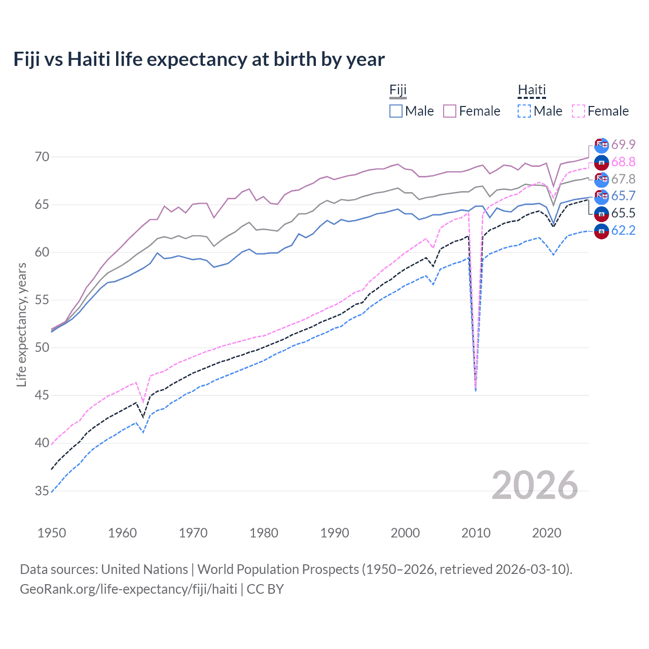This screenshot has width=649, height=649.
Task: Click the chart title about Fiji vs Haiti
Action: click(199, 59)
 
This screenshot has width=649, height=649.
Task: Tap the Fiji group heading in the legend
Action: click(398, 90)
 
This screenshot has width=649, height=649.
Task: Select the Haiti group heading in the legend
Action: click(531, 90)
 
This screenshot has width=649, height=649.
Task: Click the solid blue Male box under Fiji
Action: click(396, 111)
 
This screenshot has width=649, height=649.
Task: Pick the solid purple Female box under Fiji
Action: click(450, 111)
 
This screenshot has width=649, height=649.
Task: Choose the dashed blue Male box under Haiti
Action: click(524, 111)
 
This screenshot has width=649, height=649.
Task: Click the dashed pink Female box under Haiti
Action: click(578, 111)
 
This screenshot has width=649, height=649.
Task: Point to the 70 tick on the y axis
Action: click(42, 157)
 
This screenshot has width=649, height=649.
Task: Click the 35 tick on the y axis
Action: click(42, 491)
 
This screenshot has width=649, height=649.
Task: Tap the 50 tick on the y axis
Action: click(42, 348)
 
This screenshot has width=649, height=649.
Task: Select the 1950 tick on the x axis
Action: click(52, 533)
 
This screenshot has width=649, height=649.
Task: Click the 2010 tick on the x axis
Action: click(476, 533)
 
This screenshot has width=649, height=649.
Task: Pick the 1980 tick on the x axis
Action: click(264, 533)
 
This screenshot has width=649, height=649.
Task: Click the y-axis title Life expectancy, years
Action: click(21, 324)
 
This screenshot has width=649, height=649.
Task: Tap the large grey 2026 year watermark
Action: click(535, 485)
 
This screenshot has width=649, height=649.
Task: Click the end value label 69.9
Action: click(623, 145)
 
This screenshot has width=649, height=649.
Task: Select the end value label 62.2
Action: click(623, 231)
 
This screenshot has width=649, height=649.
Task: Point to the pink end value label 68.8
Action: click(623, 162)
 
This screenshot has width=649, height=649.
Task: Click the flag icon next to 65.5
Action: click(601, 213)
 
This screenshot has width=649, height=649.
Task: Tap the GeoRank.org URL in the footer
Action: click(128, 589)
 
